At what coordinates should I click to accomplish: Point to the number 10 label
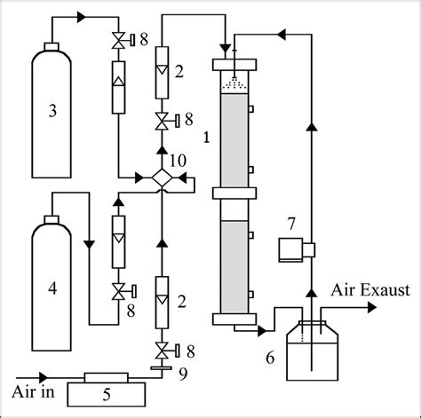(x=179, y=160)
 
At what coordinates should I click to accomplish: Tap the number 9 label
(x=182, y=372)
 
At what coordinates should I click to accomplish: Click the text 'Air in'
(x=32, y=391)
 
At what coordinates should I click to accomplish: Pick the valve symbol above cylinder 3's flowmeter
(x=116, y=40)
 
